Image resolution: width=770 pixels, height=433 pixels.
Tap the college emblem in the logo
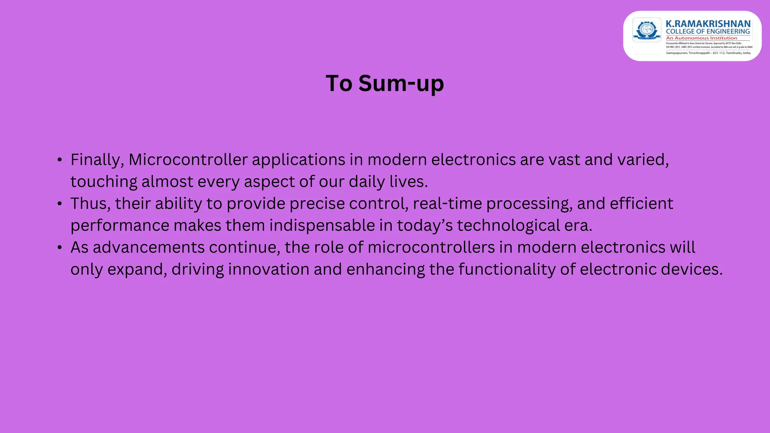click(x=647, y=30)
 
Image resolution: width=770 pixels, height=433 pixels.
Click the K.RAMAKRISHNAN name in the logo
click(x=708, y=24)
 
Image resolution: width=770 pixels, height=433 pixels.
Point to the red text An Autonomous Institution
click(x=702, y=38)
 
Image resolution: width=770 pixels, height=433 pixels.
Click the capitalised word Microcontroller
click(x=188, y=160)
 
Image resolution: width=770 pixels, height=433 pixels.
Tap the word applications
click(x=299, y=160)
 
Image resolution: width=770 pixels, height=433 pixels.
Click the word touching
click(x=104, y=182)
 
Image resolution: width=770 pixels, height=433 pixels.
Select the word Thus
click(x=90, y=204)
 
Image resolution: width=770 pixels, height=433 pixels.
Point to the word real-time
click(x=447, y=204)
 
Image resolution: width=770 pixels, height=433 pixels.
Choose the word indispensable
click(x=322, y=226)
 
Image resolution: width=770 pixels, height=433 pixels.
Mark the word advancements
click(x=149, y=248)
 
